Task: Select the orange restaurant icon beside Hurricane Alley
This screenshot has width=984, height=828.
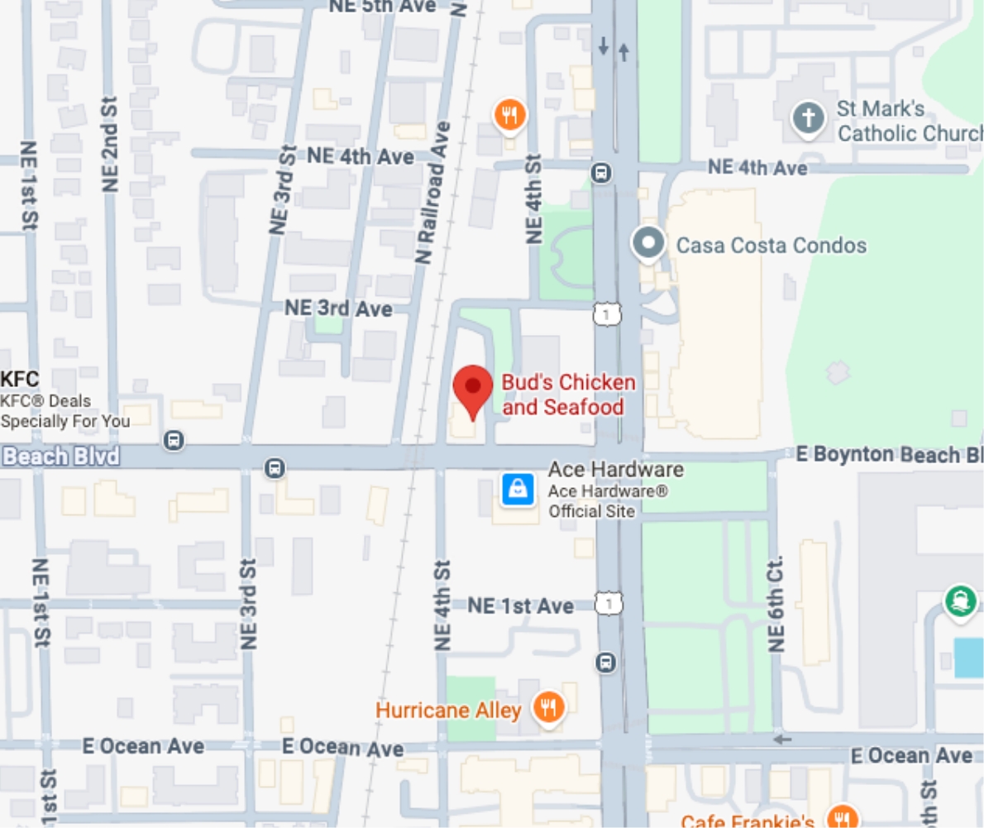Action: coord(547,707)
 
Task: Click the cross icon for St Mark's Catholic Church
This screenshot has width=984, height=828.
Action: coord(808,117)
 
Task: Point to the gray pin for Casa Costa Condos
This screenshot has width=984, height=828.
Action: coord(648,244)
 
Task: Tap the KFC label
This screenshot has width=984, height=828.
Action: coord(20,380)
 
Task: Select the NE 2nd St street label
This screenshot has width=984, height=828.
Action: coord(110,146)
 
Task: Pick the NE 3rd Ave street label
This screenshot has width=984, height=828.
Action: coord(338,308)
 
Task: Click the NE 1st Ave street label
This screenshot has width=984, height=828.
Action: coord(520,605)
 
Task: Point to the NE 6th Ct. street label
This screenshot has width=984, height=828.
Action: coord(776,603)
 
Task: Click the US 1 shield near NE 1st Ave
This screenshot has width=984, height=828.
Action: coord(609,604)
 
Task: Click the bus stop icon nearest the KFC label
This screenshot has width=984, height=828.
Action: coord(174,439)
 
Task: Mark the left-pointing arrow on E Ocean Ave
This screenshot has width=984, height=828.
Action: coord(781,739)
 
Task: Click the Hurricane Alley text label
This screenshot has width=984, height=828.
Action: coord(448,710)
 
